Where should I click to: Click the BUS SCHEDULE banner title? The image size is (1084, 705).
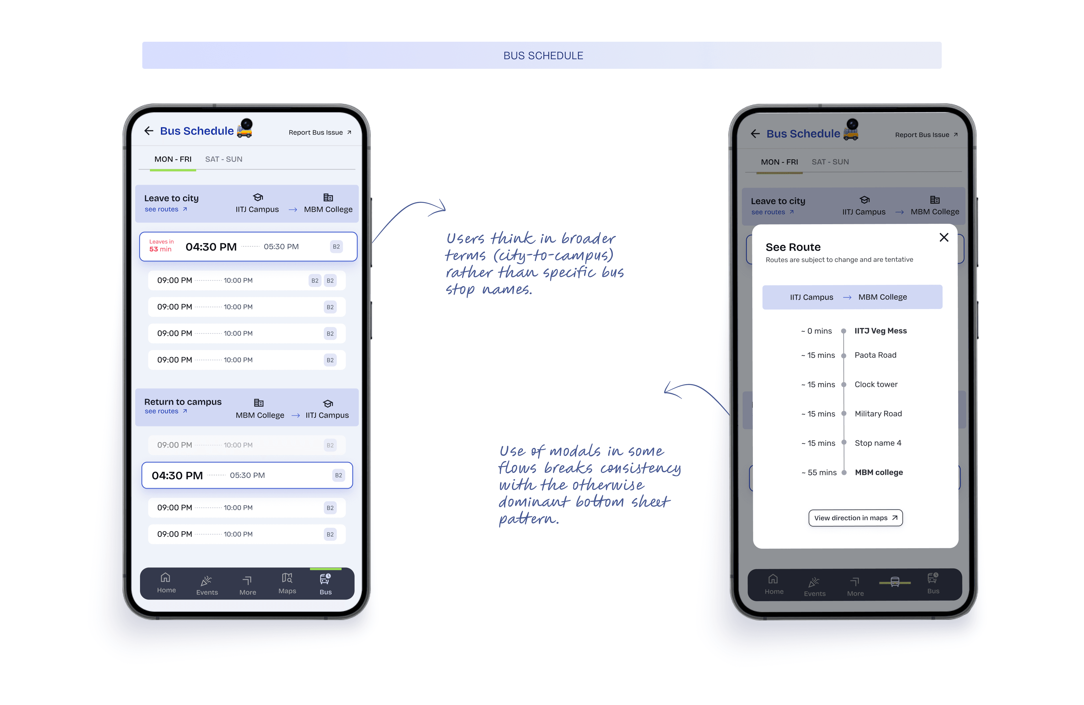pos(543,56)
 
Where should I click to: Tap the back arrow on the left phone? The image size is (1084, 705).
pos(148,131)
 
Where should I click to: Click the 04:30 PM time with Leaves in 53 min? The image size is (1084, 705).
pos(211,247)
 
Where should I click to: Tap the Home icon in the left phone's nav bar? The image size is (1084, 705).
pos(165,578)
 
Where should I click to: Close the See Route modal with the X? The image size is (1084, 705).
pos(944,237)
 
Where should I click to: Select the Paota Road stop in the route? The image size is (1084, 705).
pos(875,355)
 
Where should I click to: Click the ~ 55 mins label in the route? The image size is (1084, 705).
pos(819,472)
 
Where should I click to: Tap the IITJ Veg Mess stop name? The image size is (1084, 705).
pos(880,331)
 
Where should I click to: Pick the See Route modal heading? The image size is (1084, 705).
pos(793,247)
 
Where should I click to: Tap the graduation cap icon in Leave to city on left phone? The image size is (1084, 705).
pos(258,197)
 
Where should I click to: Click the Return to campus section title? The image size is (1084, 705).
pos(183,402)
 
